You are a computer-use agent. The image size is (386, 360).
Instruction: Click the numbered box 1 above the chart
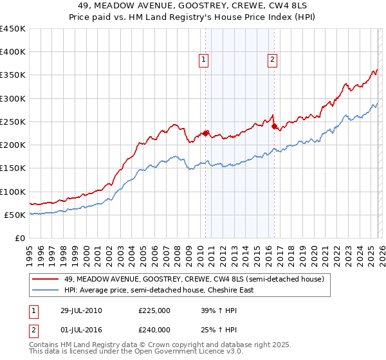203,60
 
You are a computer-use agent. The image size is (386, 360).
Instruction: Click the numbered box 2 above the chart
273,60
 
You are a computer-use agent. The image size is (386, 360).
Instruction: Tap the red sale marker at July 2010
206,134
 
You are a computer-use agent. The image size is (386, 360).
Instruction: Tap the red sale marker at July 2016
274,127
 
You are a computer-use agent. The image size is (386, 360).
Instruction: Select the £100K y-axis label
12,192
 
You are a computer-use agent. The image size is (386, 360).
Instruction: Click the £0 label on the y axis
19,238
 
